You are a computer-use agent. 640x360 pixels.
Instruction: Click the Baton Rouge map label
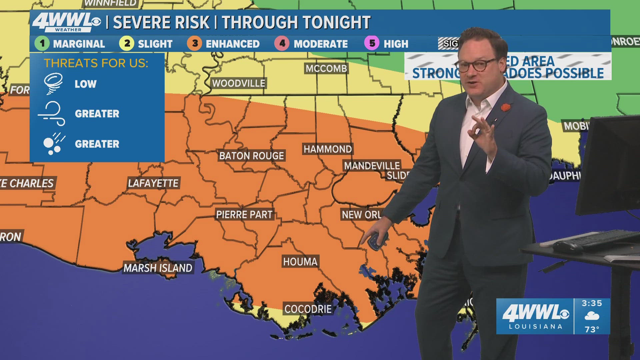(251, 156)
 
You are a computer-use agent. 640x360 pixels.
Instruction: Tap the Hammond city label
(327, 149)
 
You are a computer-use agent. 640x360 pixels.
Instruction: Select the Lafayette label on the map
(153, 183)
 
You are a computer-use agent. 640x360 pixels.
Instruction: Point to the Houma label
(300, 262)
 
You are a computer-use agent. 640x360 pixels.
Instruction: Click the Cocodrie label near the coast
(308, 309)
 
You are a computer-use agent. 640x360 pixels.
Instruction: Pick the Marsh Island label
(158, 268)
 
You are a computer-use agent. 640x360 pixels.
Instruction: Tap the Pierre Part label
(244, 214)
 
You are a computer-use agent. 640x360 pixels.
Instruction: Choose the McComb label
(326, 68)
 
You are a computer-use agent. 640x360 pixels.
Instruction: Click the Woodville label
(239, 83)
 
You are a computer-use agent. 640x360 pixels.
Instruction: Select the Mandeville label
(372, 165)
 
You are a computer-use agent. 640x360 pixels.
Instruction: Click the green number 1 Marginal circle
(42, 43)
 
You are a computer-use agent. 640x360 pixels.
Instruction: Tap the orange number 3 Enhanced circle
(195, 43)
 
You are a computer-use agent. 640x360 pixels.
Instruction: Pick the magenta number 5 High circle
(372, 43)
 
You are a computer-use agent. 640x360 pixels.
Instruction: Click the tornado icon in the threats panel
(53, 83)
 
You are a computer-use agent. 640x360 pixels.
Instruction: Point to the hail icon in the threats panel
(53, 144)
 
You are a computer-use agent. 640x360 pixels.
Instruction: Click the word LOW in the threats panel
(85, 84)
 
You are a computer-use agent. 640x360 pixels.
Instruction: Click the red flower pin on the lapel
(506, 108)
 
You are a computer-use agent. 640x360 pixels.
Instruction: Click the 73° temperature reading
(592, 329)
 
